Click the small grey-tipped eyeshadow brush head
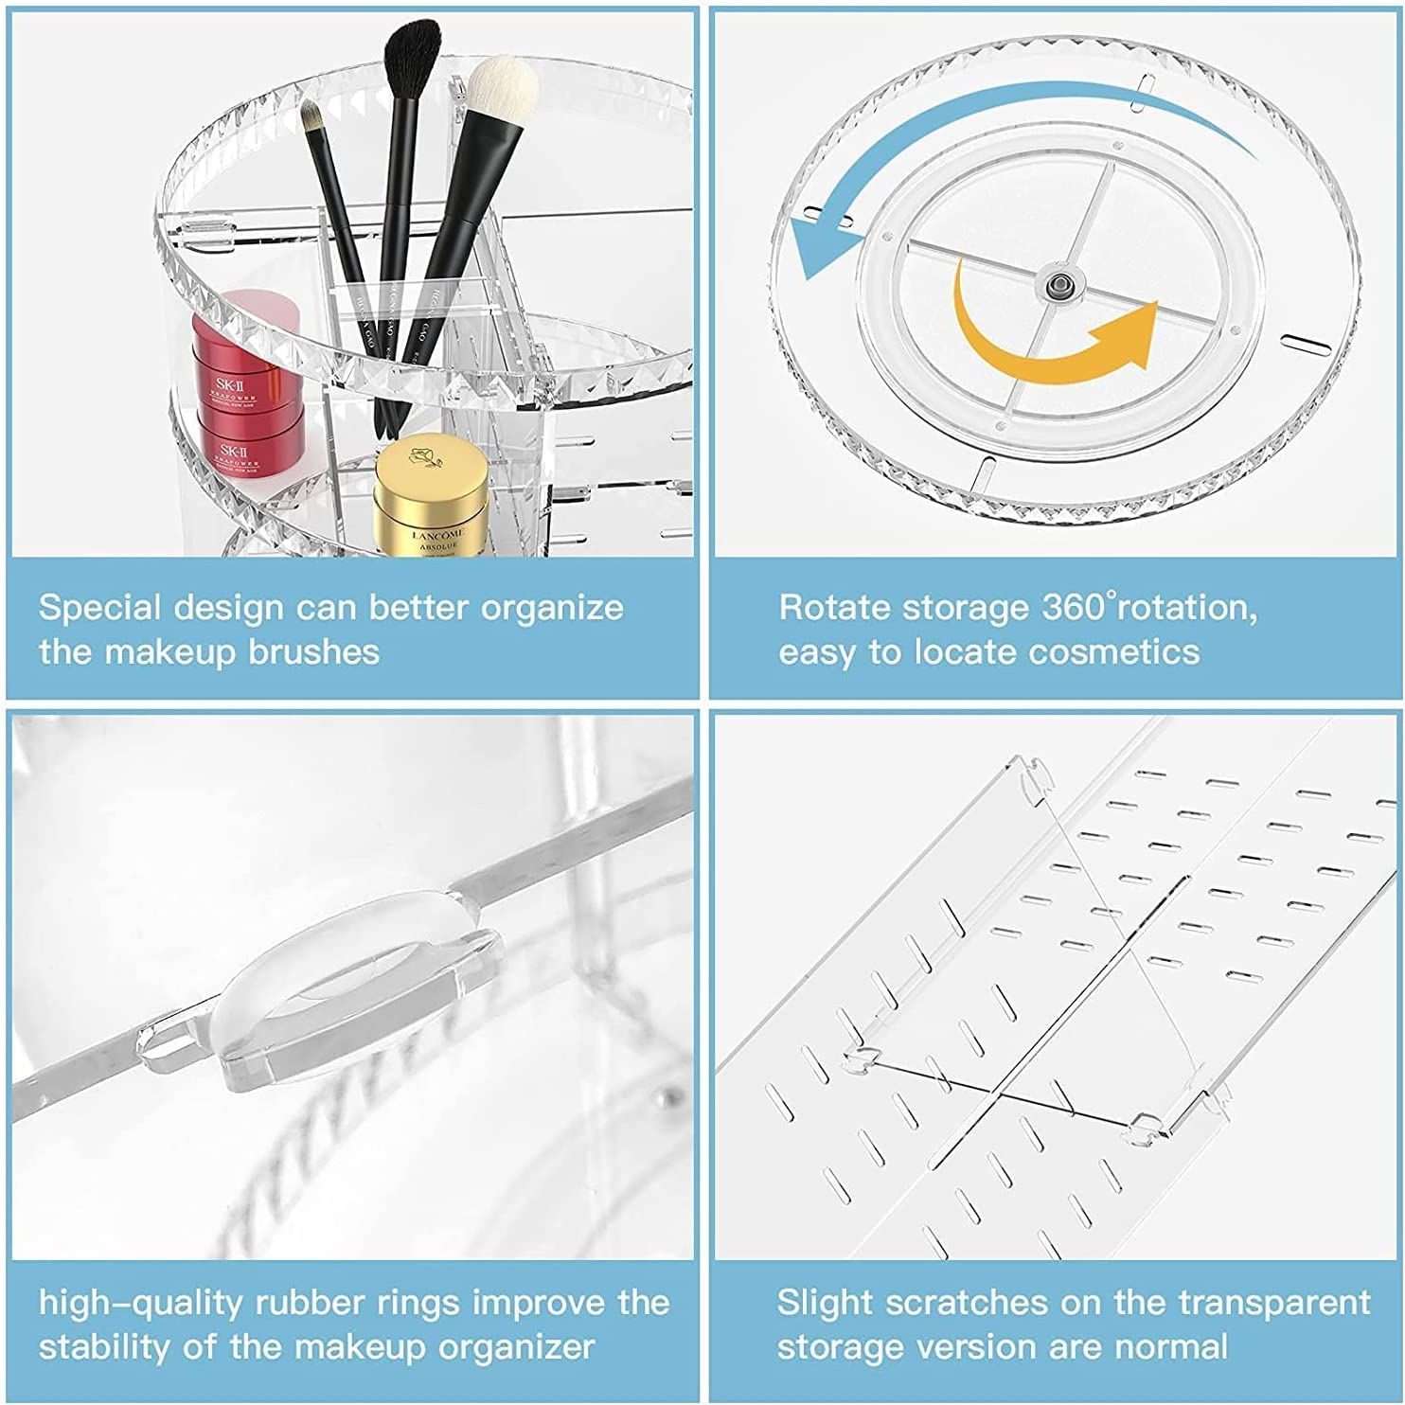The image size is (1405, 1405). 313,117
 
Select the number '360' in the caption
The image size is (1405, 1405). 1074,607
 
